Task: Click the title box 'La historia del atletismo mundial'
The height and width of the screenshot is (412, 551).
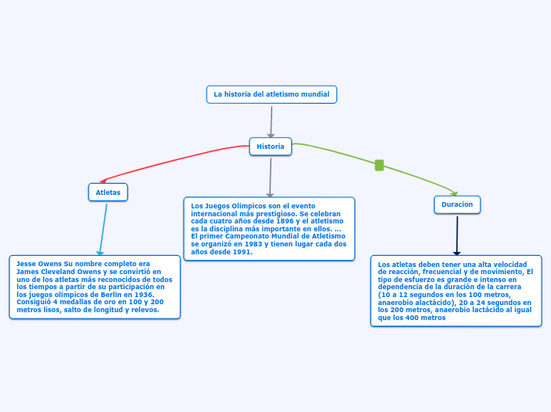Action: pyautogui.click(x=272, y=94)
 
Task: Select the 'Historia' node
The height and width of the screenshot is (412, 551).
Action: pyautogui.click(x=271, y=147)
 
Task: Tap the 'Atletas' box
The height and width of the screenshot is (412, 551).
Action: pyautogui.click(x=108, y=192)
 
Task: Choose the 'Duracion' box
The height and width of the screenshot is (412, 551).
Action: pyautogui.click(x=457, y=204)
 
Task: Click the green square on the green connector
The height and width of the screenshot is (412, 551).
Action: pyautogui.click(x=379, y=165)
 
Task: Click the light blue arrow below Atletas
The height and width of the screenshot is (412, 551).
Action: pyautogui.click(x=103, y=230)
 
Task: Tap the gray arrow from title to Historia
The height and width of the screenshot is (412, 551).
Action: pyautogui.click(x=271, y=122)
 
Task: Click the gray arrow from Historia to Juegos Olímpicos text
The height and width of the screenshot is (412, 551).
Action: pyautogui.click(x=270, y=177)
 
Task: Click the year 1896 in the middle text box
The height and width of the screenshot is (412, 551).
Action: pyautogui.click(x=285, y=221)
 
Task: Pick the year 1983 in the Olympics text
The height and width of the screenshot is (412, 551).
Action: pyautogui.click(x=253, y=244)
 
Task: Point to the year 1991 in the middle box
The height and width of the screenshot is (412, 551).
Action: pyautogui.click(x=243, y=252)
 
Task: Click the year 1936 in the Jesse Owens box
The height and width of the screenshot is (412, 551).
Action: pyautogui.click(x=144, y=295)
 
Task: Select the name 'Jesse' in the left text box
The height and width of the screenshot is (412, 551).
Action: pyautogui.click(x=26, y=264)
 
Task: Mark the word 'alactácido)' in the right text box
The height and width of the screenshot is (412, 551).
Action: pyautogui.click(x=435, y=303)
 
